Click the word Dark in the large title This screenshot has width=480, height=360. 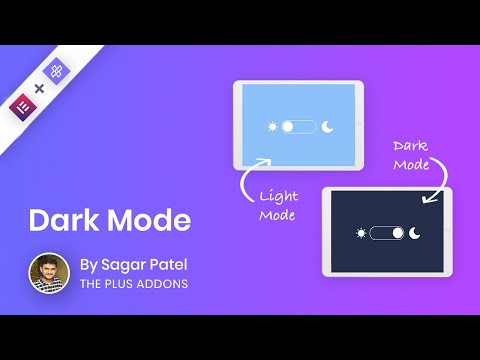point(59,220)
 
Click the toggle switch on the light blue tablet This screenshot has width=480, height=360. point(298,127)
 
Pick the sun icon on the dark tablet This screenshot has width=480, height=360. point(360,233)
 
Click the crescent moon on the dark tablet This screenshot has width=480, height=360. point(416,233)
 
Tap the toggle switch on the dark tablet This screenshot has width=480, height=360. point(387,233)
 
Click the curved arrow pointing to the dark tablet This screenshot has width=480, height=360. point(437,185)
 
